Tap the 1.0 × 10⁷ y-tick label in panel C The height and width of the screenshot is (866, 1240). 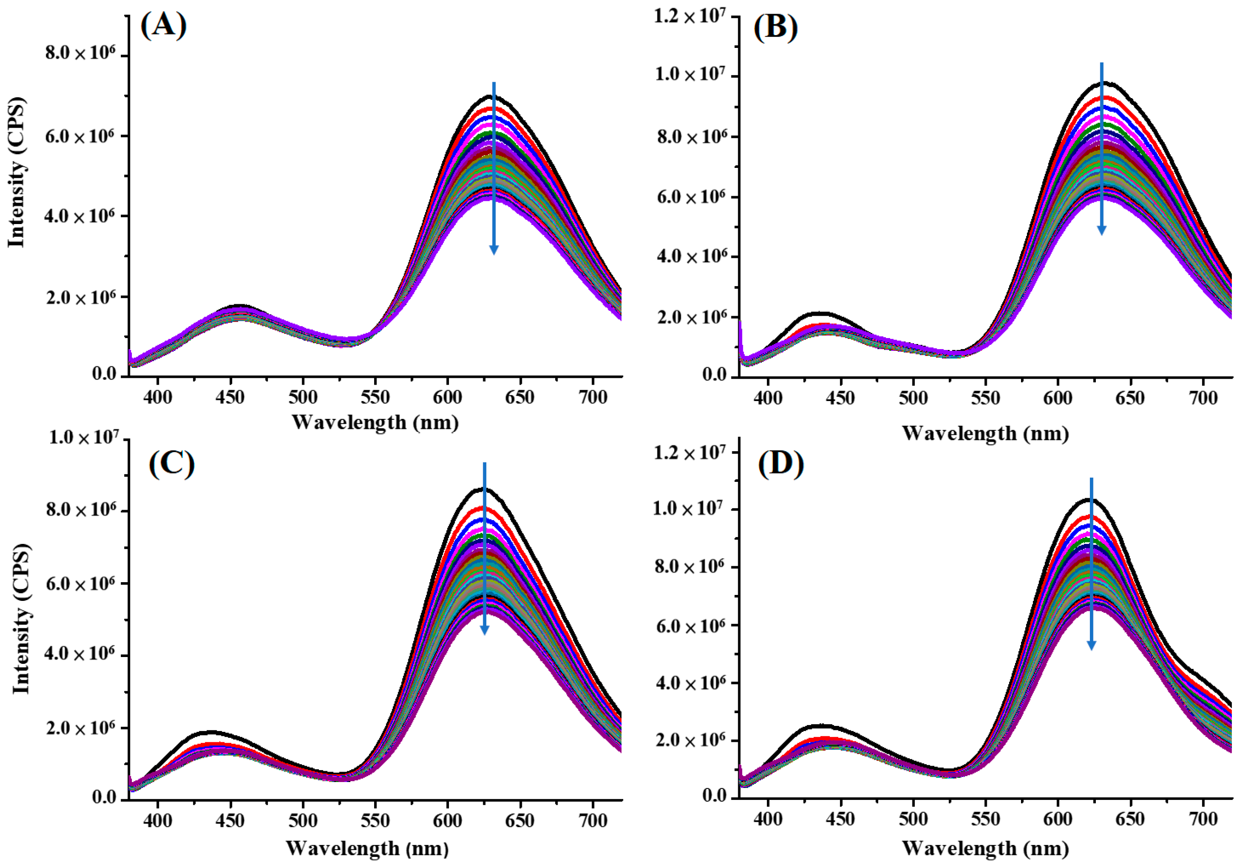click(83, 438)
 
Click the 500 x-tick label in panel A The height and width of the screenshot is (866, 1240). click(302, 397)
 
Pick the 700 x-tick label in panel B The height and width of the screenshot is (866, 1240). click(1203, 398)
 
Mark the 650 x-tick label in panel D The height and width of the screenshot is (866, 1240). click(1130, 819)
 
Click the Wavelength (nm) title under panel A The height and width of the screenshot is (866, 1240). click(375, 422)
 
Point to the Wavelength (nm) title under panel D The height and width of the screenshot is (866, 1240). click(985, 848)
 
